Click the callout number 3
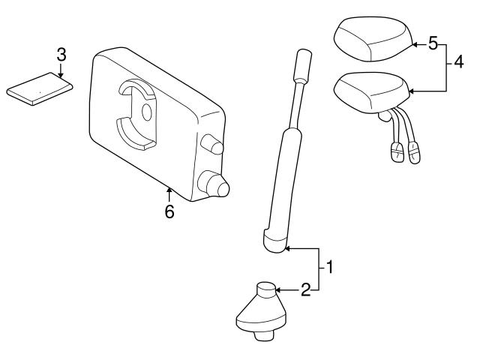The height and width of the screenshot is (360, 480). (61, 54)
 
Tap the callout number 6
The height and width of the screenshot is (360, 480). (169, 212)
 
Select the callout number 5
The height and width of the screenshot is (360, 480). (433, 44)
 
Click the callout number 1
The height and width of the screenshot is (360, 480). (327, 266)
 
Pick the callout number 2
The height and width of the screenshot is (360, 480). (305, 289)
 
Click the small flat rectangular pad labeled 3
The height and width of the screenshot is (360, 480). (40, 89)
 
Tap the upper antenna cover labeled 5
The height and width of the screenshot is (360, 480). (370, 39)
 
